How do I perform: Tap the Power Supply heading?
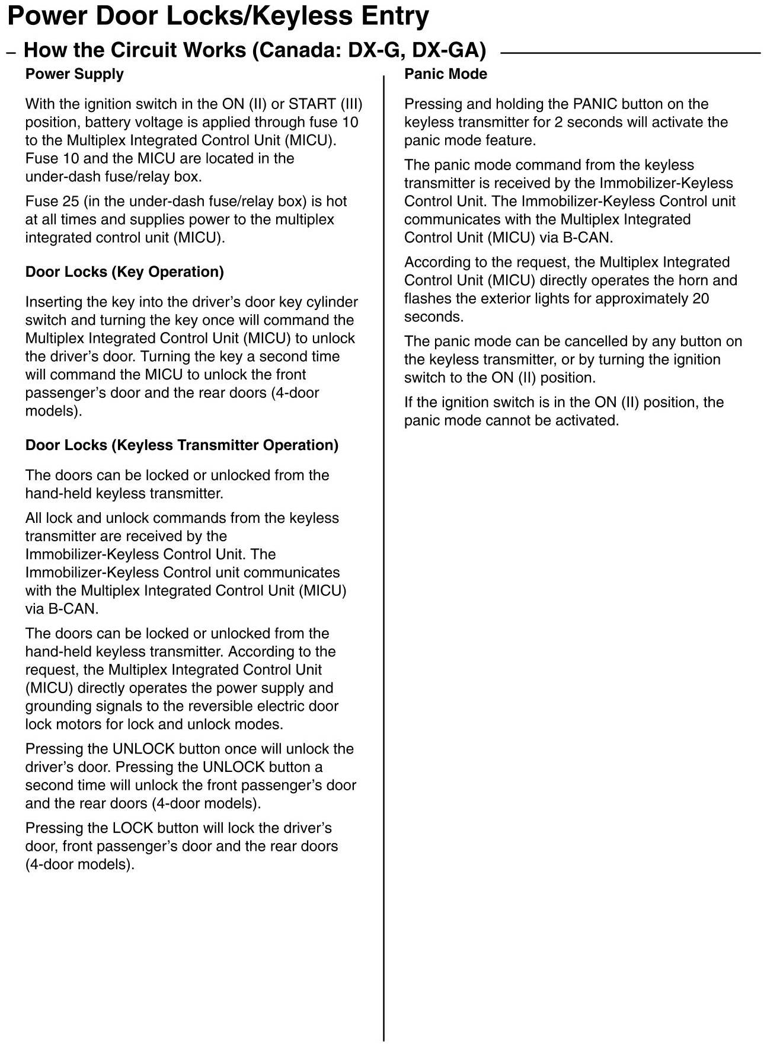coord(75,74)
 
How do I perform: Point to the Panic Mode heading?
coord(446,74)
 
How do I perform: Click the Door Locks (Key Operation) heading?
coord(124,272)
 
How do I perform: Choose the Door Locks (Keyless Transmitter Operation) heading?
coord(182,445)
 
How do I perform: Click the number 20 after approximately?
coord(701,299)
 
